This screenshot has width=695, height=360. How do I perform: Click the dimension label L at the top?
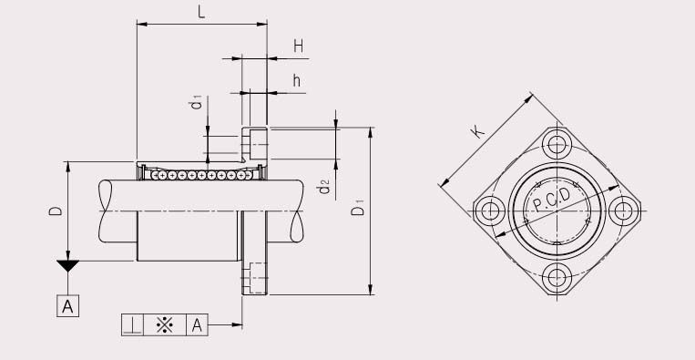click(x=200, y=13)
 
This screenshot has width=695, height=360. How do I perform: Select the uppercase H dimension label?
click(x=298, y=46)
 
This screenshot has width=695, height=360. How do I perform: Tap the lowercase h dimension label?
click(x=297, y=80)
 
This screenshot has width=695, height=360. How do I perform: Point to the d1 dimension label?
click(x=195, y=103)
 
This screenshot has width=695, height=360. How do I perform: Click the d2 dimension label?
click(x=324, y=189)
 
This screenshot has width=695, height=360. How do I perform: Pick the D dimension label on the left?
click(x=56, y=211)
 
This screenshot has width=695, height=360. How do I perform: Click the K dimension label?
click(x=476, y=131)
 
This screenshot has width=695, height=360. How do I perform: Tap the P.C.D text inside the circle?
click(x=552, y=201)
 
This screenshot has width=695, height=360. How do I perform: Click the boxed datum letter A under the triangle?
click(x=67, y=305)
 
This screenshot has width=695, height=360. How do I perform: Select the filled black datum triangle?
click(x=67, y=267)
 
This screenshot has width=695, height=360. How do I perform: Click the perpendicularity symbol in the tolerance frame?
click(x=132, y=324)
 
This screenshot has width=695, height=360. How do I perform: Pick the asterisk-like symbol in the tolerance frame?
click(x=165, y=324)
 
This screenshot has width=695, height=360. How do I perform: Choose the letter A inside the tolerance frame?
click(x=197, y=324)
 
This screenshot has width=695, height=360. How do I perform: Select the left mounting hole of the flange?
click(x=490, y=211)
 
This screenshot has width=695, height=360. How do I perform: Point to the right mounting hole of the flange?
click(x=624, y=211)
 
